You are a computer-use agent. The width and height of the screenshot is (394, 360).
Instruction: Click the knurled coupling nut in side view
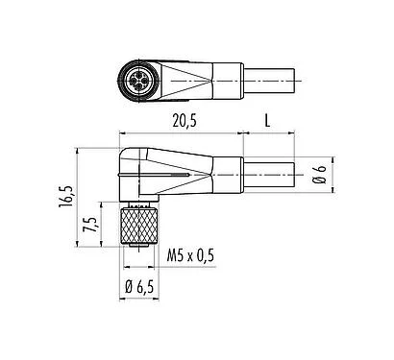point(133,228)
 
